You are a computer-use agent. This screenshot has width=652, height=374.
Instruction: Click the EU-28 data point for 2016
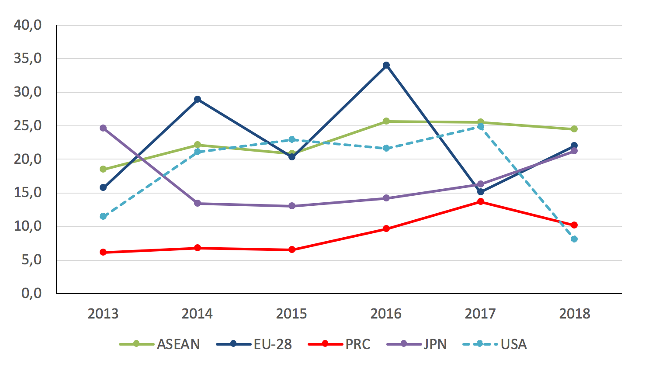pyautogui.click(x=386, y=66)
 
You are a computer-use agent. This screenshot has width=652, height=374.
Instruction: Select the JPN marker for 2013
pyautogui.click(x=103, y=128)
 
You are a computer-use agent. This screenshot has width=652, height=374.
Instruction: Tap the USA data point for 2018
pyautogui.click(x=574, y=239)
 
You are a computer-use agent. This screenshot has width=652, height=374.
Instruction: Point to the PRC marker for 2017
pyautogui.click(x=480, y=201)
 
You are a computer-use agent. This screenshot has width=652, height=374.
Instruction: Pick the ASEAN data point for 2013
pyautogui.click(x=103, y=169)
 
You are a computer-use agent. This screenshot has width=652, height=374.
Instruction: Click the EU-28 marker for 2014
pyautogui.click(x=198, y=99)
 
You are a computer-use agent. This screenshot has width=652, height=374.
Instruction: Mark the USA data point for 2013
pyautogui.click(x=103, y=216)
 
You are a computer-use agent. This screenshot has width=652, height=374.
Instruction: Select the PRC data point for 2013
pyautogui.click(x=103, y=252)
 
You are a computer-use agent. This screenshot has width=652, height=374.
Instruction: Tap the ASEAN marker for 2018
pyautogui.click(x=574, y=129)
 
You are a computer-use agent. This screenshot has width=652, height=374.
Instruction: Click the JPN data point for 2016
pyautogui.click(x=386, y=198)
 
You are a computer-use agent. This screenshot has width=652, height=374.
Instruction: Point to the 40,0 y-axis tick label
pyautogui.click(x=28, y=25)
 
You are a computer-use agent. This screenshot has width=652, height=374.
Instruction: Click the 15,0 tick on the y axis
pyautogui.click(x=28, y=193)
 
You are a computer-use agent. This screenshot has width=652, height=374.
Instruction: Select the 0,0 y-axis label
pyautogui.click(x=31, y=293)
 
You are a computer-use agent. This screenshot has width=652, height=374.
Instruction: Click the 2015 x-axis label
pyautogui.click(x=291, y=314)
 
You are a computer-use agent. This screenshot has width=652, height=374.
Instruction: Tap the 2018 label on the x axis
pyautogui.click(x=574, y=314)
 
